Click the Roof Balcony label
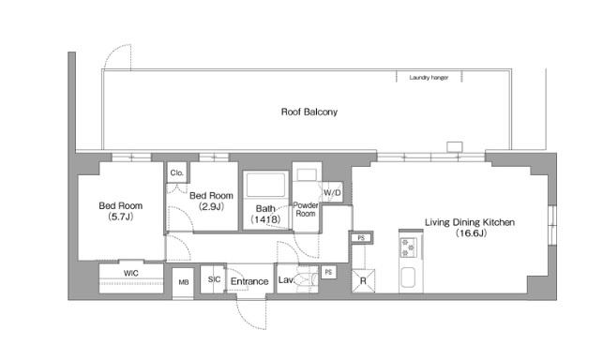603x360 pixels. click(309, 112)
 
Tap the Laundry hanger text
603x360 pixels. click(429, 78)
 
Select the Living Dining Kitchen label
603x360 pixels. click(470, 222)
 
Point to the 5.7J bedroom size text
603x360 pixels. click(121, 217)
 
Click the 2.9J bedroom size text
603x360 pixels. click(211, 206)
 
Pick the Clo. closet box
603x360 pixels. click(177, 172)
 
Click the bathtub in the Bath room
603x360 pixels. click(265, 185)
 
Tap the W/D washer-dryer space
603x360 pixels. click(332, 192)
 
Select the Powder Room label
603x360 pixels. click(306, 209)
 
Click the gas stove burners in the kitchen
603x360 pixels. click(408, 247)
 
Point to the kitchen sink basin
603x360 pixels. click(408, 277)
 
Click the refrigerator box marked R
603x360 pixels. click(363, 280)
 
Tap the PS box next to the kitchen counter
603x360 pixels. click(361, 238)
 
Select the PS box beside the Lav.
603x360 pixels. click(328, 272)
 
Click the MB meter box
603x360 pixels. click(183, 283)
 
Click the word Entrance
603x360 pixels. click(249, 281)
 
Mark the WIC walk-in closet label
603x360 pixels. click(130, 274)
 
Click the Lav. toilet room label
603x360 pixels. click(286, 279)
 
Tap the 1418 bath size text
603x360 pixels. click(265, 219)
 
